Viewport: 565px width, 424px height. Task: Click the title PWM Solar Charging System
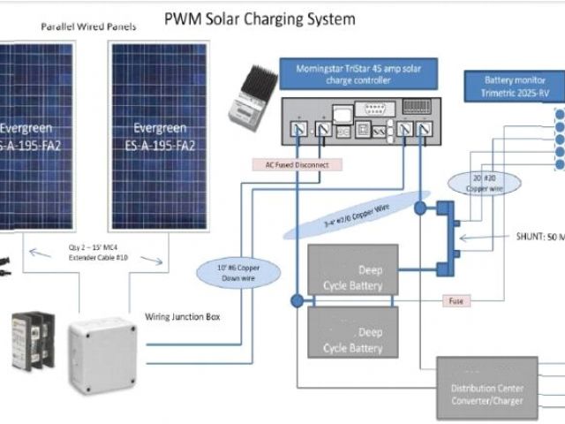pos(260,18)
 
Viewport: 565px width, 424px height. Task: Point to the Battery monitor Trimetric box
pos(508,87)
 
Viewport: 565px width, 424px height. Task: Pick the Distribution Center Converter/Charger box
pos(486,388)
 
